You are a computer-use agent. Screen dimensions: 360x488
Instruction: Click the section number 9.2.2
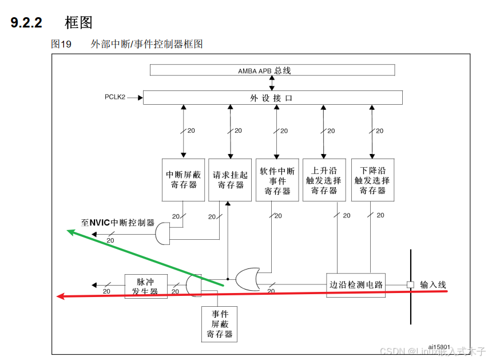[x=26, y=23]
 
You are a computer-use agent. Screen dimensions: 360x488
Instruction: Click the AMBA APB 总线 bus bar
[x=272, y=70]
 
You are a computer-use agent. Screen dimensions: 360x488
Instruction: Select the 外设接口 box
[x=272, y=98]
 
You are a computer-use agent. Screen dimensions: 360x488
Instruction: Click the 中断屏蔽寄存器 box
[x=183, y=180]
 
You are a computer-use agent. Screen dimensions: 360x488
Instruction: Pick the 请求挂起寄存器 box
[x=230, y=180]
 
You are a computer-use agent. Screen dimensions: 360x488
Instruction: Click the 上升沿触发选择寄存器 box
[x=324, y=180]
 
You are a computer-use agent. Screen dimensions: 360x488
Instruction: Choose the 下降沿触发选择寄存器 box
[x=372, y=180]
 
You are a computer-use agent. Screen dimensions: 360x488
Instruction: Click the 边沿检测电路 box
[x=356, y=284]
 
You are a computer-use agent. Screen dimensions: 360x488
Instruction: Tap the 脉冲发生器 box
[x=145, y=286]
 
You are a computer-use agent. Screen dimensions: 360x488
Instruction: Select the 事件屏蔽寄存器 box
[x=220, y=324]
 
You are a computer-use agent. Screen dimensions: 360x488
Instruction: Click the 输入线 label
[x=433, y=284]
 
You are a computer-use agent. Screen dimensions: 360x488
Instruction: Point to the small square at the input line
[x=410, y=284]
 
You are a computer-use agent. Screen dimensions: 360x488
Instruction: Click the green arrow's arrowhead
[x=70, y=231]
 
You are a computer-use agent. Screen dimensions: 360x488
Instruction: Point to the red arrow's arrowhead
[x=59, y=296]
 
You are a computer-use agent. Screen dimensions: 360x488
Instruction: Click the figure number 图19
[x=61, y=44]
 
